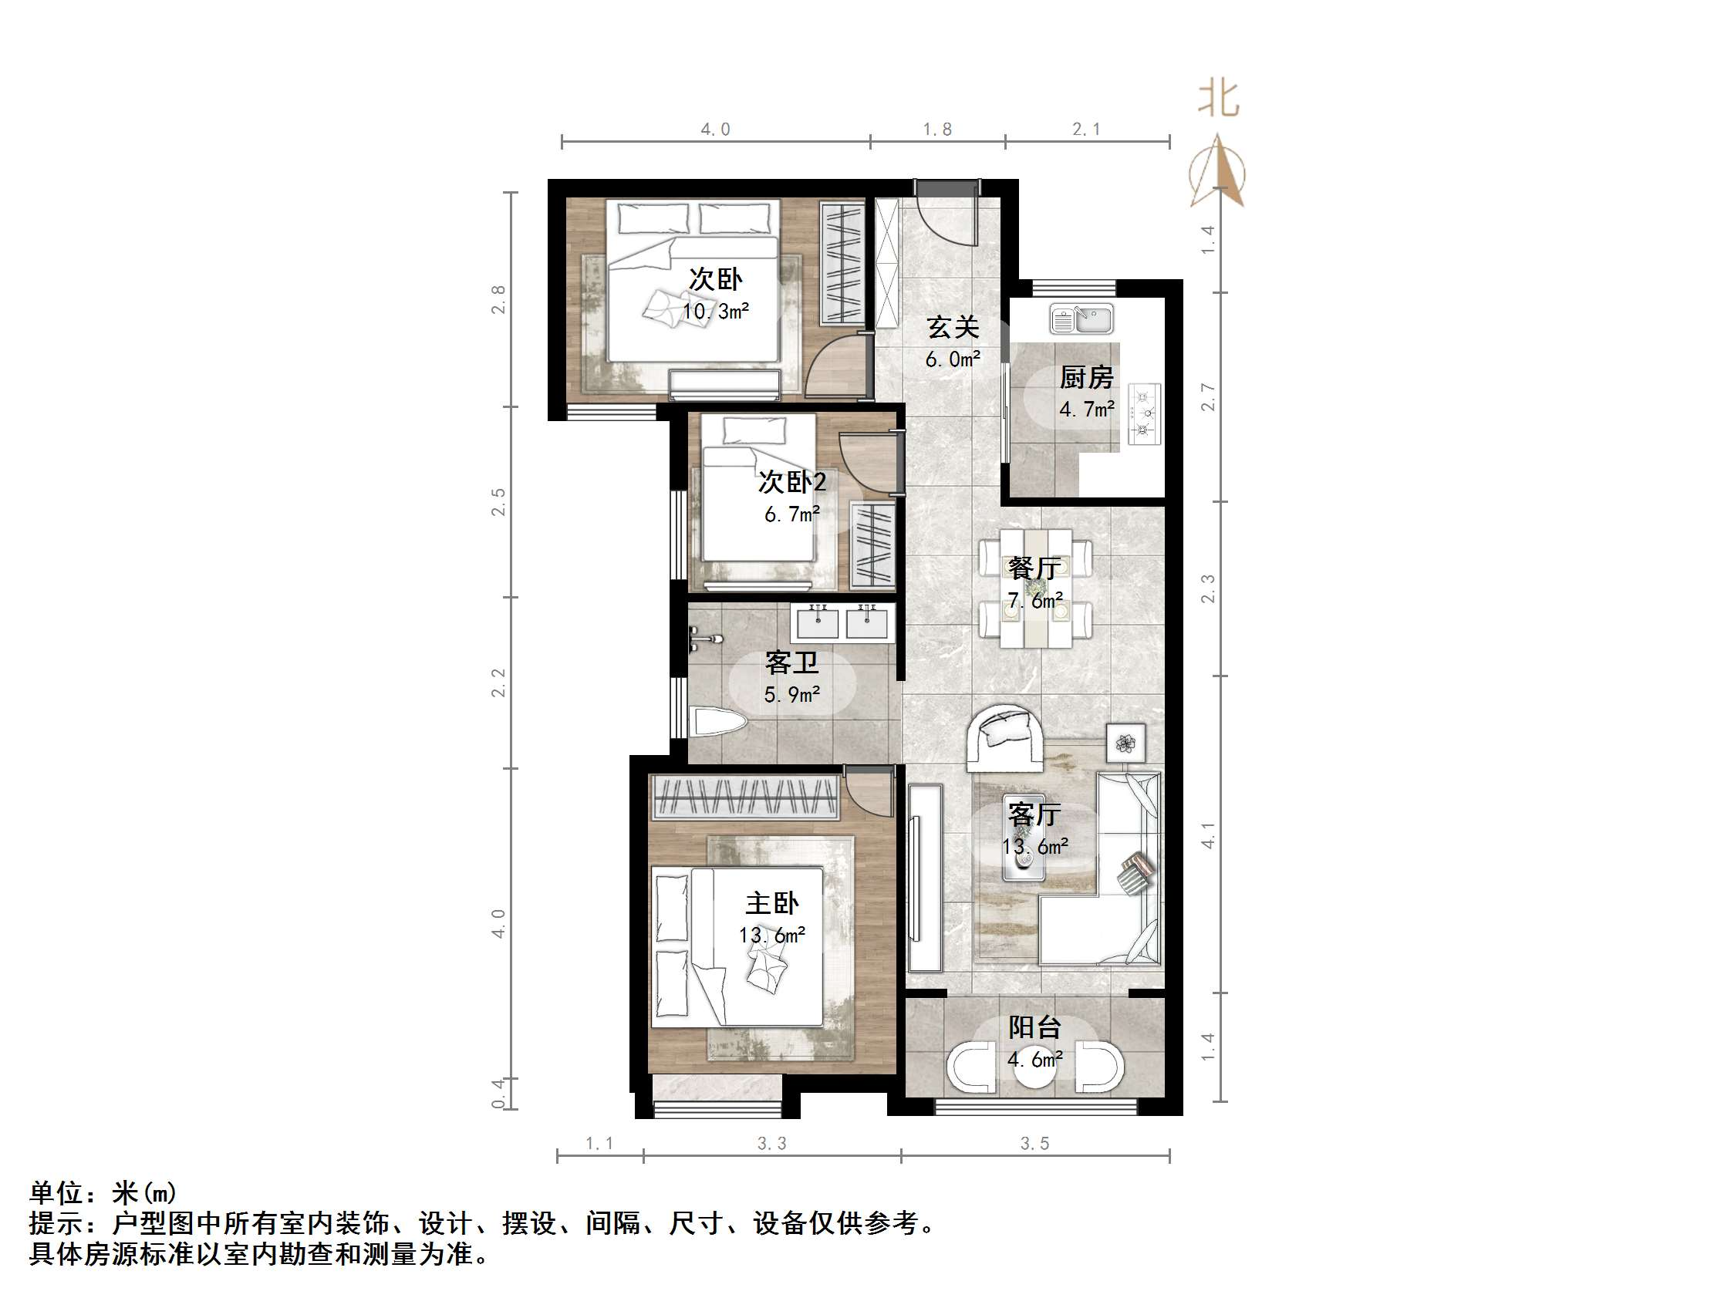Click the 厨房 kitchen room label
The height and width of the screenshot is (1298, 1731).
1086,378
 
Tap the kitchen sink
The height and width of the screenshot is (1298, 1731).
1082,319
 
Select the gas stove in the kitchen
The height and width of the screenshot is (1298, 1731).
1143,414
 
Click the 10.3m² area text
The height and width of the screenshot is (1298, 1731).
716,312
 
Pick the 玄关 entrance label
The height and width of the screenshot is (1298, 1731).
953,327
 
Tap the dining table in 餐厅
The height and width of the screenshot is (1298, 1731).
1034,588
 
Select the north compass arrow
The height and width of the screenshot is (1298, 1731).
1218,172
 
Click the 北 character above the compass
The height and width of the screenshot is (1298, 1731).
1219,100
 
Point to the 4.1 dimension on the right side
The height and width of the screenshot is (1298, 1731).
1209,834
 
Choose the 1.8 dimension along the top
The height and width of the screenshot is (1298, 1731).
937,129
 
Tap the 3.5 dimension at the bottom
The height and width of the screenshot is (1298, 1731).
1034,1144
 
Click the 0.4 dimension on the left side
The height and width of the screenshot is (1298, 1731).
498,1093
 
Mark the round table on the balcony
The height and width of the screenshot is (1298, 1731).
1034,1069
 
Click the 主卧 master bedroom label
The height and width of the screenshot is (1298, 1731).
771,904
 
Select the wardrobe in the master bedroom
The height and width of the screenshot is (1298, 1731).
745,797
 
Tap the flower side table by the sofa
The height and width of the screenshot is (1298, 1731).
1125,743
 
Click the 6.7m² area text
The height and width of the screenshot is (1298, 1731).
792,514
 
